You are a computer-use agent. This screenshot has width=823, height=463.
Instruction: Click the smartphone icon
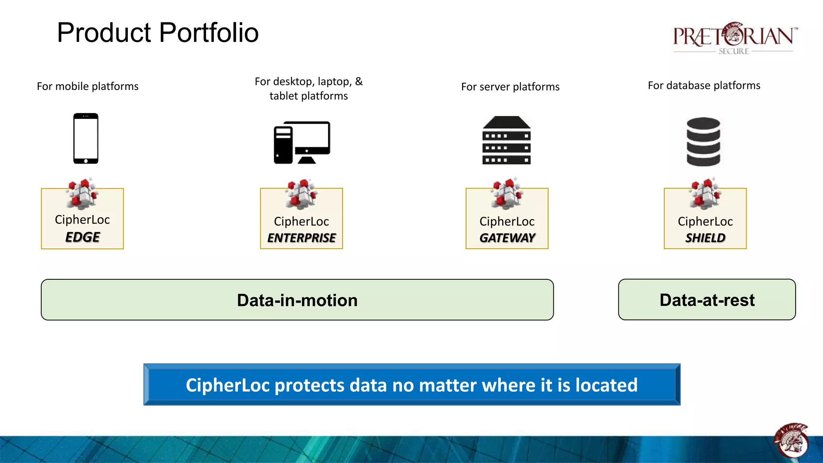tap(86, 139)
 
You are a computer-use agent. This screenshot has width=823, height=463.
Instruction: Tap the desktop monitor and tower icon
tap(302, 142)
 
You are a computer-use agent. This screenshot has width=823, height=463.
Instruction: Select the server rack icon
tap(506, 140)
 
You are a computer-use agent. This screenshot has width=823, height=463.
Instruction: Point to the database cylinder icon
tap(703, 141)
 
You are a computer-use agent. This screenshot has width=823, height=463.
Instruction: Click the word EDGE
tap(82, 237)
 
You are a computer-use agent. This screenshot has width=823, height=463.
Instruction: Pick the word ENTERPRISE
tap(301, 238)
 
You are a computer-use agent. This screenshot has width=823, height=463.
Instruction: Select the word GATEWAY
tap(507, 238)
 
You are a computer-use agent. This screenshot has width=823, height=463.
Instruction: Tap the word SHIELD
tap(705, 238)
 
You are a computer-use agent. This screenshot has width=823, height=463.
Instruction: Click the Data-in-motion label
tap(297, 300)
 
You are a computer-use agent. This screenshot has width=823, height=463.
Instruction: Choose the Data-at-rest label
tap(707, 300)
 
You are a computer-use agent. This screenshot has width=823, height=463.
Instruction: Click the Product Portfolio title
tap(158, 33)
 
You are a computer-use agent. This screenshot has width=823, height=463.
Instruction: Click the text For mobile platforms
tap(88, 86)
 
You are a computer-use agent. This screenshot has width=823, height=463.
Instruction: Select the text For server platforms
tap(510, 87)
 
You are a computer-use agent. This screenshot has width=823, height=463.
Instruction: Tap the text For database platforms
tap(704, 86)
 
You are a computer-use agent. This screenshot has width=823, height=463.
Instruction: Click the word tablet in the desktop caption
tap(283, 96)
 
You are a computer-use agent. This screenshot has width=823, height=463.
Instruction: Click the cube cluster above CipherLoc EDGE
tap(82, 193)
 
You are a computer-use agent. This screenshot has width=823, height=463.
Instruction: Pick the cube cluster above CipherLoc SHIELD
tap(705, 193)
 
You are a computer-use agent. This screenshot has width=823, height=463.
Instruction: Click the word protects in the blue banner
tap(309, 385)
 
